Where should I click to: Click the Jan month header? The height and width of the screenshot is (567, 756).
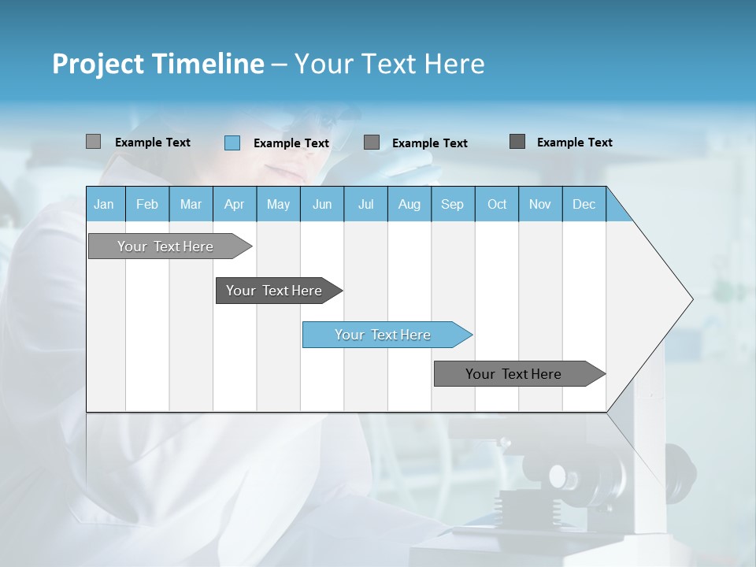point(104,204)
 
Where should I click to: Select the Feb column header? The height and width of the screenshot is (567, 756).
point(147,204)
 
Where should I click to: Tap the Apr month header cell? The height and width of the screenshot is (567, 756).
point(234,204)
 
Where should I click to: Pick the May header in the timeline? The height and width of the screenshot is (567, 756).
point(278,204)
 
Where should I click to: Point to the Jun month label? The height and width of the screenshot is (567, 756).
point(322,204)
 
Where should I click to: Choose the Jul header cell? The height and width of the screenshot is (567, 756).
point(365,204)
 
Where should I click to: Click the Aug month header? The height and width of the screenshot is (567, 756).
point(409,204)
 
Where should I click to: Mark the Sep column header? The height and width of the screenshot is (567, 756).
point(452,204)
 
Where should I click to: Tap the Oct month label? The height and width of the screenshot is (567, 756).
point(497,204)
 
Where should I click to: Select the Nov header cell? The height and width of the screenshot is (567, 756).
point(540,204)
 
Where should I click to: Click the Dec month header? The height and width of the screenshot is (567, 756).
point(584,204)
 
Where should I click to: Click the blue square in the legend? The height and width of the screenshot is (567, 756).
point(232,143)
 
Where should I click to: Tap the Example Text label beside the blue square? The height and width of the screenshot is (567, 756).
point(291,143)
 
